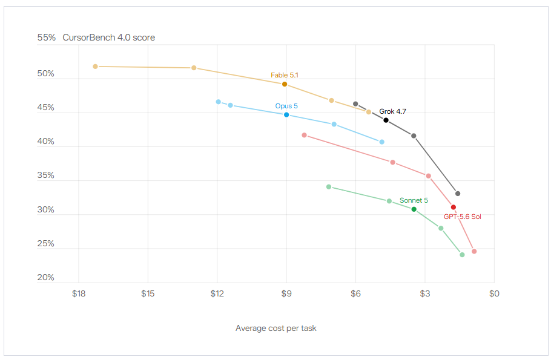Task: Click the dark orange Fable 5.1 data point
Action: click(x=285, y=84)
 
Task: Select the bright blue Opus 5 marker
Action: click(x=286, y=115)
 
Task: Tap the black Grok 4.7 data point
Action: click(x=386, y=120)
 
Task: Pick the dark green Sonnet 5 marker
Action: click(x=414, y=209)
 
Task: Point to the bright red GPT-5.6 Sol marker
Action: click(x=454, y=207)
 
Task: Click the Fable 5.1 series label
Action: click(x=285, y=75)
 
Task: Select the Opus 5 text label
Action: click(x=286, y=106)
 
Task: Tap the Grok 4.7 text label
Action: click(x=392, y=111)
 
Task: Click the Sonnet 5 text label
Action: click(x=414, y=200)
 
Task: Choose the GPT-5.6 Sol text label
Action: click(x=463, y=217)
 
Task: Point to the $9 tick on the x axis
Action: click(x=286, y=293)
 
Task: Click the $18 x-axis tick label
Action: click(x=79, y=293)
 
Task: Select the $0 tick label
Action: click(x=494, y=293)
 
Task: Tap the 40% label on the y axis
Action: click(x=45, y=141)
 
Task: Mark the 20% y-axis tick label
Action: click(x=45, y=278)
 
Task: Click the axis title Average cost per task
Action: click(x=276, y=328)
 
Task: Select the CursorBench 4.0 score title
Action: click(x=108, y=38)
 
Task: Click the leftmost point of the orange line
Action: click(x=95, y=67)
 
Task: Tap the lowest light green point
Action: click(x=462, y=255)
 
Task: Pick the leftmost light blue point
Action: click(x=218, y=102)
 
